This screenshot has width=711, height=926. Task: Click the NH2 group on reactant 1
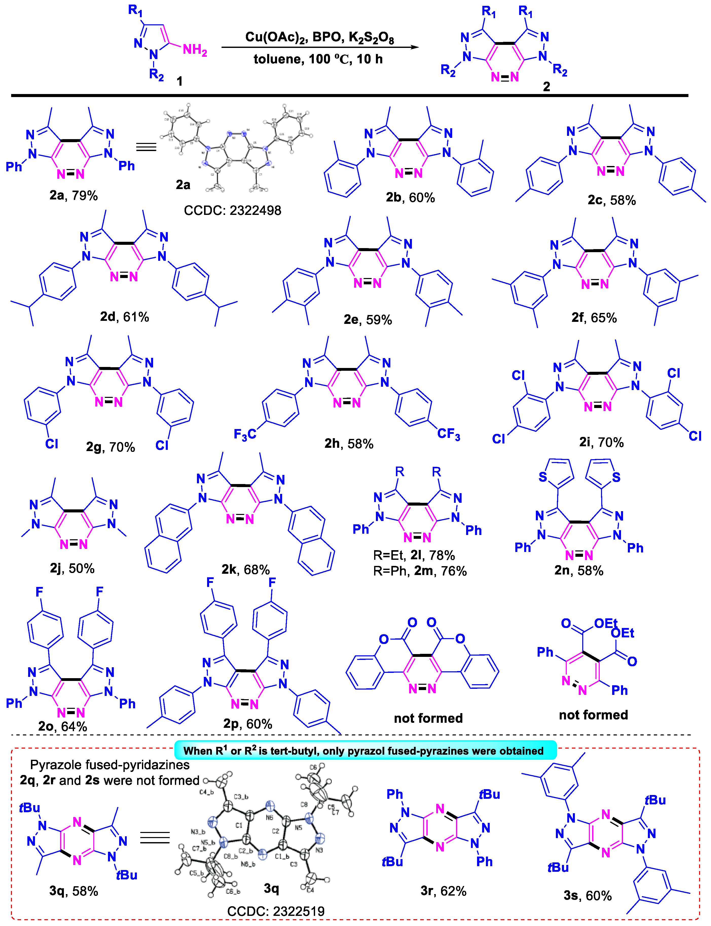pos(195,50)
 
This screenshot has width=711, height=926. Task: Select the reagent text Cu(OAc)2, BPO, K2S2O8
pos(320,37)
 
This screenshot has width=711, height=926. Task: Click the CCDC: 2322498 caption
pos(232,210)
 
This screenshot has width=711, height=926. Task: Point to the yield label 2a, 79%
pos(73,195)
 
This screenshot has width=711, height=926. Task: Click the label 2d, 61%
pos(124,317)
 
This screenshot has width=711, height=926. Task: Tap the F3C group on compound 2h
pos(245,434)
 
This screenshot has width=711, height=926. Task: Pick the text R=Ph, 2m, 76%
pos(420,571)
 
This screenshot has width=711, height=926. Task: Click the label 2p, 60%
pos(248,724)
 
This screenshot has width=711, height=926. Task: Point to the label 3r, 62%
pos(443,891)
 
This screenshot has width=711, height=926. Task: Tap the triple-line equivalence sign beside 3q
pos(155,837)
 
